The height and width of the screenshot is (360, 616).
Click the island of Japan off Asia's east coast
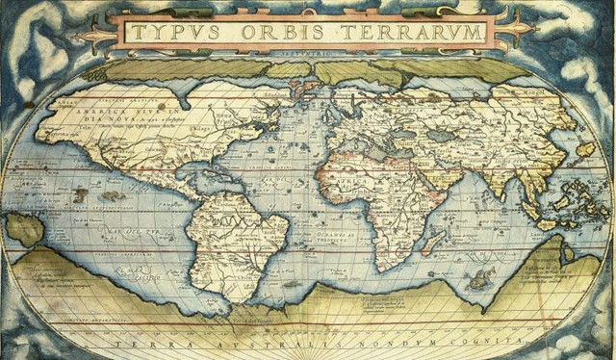tap(584, 149)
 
